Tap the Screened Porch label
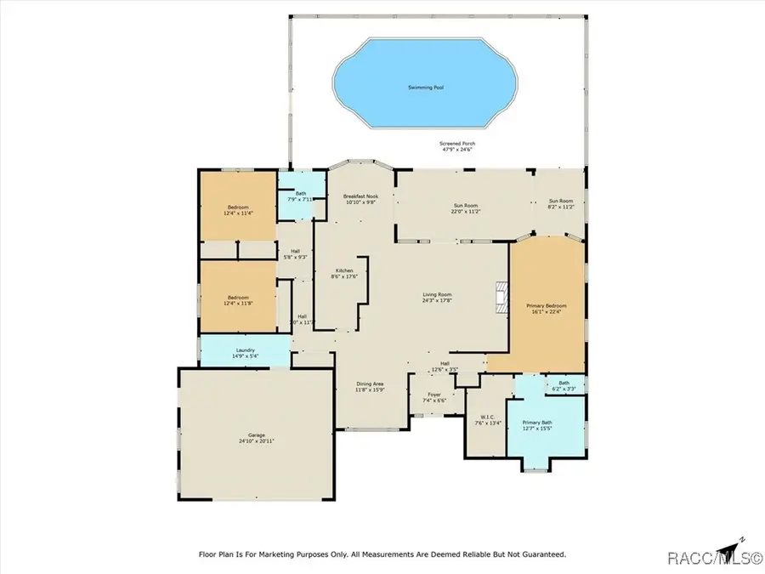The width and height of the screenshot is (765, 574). [x=456, y=147]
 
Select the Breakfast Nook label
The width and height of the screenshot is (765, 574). [x=361, y=199]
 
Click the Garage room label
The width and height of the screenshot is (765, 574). [x=256, y=437]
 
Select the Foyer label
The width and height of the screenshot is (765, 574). [x=434, y=397]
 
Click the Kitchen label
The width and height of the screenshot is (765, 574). [x=344, y=273]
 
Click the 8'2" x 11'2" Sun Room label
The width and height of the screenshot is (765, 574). [x=561, y=204]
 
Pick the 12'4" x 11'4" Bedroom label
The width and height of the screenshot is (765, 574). [x=237, y=209]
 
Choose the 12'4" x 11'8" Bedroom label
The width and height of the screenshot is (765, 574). [x=237, y=301]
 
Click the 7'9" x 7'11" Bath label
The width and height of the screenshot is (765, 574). [x=301, y=196]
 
